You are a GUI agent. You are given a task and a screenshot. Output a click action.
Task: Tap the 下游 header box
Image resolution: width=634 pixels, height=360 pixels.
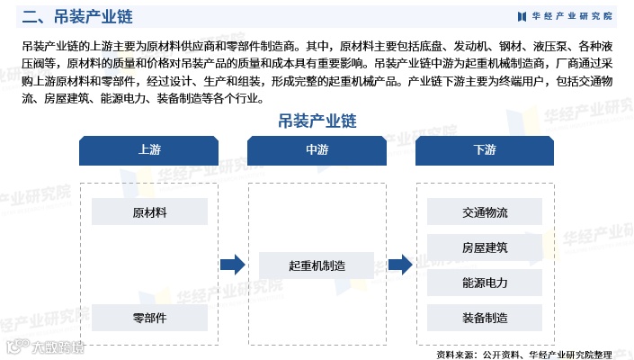pyautogui.click(x=485, y=150)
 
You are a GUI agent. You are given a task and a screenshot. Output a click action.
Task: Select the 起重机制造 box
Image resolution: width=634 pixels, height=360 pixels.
pyautogui.click(x=317, y=265)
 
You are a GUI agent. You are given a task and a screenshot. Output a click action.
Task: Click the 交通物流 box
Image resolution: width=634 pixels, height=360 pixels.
pyautogui.click(x=485, y=213)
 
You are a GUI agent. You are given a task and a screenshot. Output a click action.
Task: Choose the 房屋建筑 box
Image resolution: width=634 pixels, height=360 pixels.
pyautogui.click(x=485, y=247)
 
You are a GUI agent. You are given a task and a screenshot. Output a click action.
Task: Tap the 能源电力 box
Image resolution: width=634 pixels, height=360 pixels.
pyautogui.click(x=485, y=283)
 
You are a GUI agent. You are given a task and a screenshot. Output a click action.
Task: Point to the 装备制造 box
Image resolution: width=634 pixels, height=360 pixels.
pyautogui.click(x=485, y=318)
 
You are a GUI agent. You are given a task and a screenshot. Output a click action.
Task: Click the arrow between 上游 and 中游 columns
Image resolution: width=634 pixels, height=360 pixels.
pyautogui.click(x=233, y=265)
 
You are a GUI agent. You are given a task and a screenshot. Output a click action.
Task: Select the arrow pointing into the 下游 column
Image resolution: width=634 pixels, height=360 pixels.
pyautogui.click(x=400, y=265)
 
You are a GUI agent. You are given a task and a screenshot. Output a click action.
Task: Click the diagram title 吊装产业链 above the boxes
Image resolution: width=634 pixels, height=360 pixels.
pyautogui.click(x=317, y=120)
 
